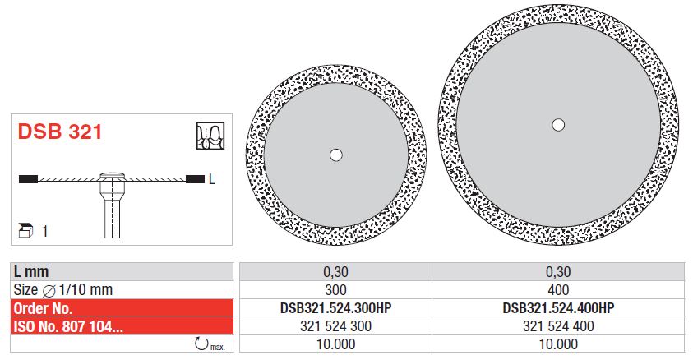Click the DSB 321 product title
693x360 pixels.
[x=60, y=132]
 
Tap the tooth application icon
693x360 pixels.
[x=210, y=136]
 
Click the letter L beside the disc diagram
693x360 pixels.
[x=212, y=179]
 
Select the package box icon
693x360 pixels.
[x=26, y=231]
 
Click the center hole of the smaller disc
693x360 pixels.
[x=336, y=155]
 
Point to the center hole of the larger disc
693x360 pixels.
[x=558, y=125]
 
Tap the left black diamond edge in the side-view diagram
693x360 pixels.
[x=28, y=179]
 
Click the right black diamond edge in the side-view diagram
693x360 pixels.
[x=195, y=179]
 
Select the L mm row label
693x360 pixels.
[x=31, y=271]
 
